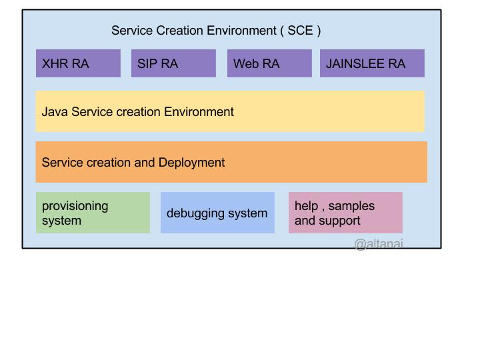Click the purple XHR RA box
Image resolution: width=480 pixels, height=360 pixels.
coord(78,63)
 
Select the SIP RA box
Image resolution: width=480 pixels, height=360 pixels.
coord(173,63)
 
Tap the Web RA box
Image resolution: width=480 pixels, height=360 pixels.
coord(269,63)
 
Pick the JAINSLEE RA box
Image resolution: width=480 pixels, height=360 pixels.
coord(372,63)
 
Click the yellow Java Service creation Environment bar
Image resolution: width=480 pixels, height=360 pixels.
coord(230,111)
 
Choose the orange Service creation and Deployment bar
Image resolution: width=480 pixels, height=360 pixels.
coord(231,162)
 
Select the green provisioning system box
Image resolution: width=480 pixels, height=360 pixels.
coord(93,213)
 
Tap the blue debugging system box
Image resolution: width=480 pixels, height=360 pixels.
coord(217,213)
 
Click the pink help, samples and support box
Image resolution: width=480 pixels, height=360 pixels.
coord(345,213)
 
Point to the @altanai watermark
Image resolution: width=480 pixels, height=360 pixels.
coord(378,244)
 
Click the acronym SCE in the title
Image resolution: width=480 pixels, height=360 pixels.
coord(300,31)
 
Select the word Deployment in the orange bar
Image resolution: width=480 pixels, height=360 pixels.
coord(191,163)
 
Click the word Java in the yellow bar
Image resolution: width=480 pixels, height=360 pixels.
coord(55,112)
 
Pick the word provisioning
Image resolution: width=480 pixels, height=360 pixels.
coord(75,206)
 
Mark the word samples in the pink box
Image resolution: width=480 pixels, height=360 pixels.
coord(351,206)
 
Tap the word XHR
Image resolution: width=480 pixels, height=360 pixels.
coord(54,64)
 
